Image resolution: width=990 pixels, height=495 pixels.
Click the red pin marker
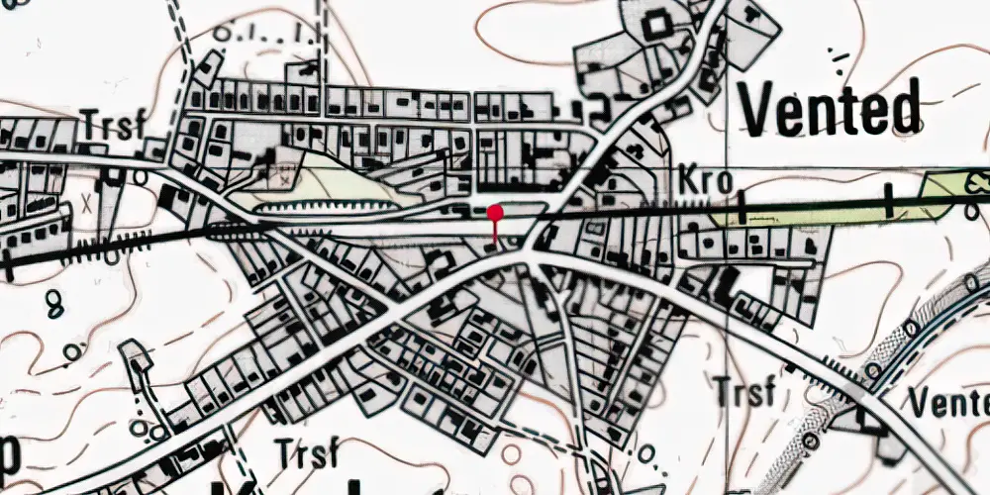[x=495, y=212]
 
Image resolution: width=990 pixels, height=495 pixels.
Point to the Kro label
[x=706, y=181]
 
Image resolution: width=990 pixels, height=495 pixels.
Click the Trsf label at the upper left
[x=114, y=126]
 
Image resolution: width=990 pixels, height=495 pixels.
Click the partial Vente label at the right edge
[x=948, y=403]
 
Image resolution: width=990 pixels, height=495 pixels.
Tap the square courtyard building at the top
[x=655, y=24]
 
